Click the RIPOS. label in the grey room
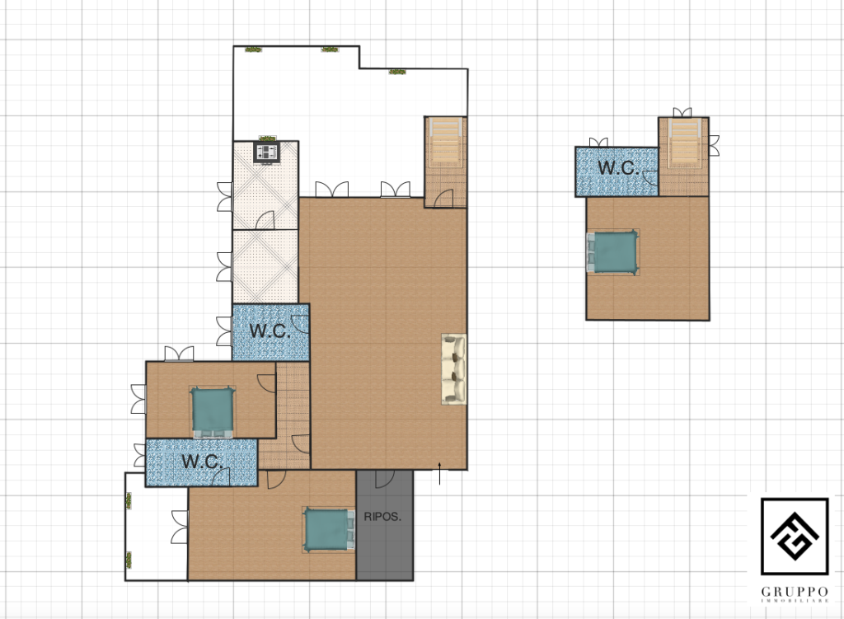pyautogui.click(x=382, y=517)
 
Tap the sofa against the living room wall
pyautogui.click(x=454, y=368)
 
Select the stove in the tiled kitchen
pyautogui.click(x=267, y=152)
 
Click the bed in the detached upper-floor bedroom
pyautogui.click(x=612, y=252)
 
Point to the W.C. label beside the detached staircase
pyautogui.click(x=619, y=167)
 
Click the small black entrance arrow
pyautogui.click(x=440, y=473)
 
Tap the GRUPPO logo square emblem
pyautogui.click(x=795, y=537)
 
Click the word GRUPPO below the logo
pyautogui.click(x=795, y=592)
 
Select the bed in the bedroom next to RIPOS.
pyautogui.click(x=329, y=530)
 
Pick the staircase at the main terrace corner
pyautogui.click(x=446, y=143)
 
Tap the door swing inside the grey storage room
pyautogui.click(x=385, y=479)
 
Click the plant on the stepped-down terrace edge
pyautogui.click(x=397, y=72)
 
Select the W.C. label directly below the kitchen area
pyautogui.click(x=270, y=331)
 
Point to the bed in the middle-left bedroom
pyautogui.click(x=213, y=412)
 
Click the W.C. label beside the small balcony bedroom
pyautogui.click(x=203, y=462)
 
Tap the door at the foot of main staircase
pyautogui.click(x=443, y=199)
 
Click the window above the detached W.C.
pyautogui.click(x=598, y=142)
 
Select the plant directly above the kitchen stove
pyautogui.click(x=268, y=138)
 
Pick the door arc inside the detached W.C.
pyautogui.click(x=649, y=178)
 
